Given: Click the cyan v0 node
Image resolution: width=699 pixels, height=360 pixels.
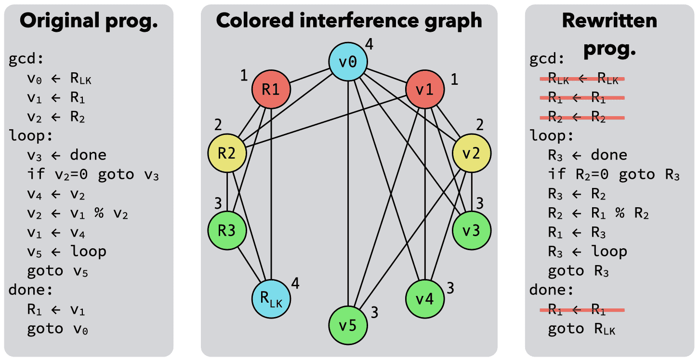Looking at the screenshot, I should coord(348,62).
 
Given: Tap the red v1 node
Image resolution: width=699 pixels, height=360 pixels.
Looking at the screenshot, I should coord(424,90).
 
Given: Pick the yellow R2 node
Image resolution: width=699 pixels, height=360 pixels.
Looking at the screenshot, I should coord(227,154).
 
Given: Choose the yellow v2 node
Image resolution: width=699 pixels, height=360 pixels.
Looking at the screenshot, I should coord(472,154).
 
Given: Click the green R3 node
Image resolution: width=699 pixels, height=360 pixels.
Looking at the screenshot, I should coord(227,230).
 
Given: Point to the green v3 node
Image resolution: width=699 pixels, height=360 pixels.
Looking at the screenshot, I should coord(472,230).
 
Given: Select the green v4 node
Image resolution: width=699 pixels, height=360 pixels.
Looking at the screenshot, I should coord(424,299).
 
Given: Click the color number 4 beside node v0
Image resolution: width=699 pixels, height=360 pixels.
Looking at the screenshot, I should coord(369,45).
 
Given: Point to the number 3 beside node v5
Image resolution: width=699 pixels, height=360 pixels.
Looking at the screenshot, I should coord(375,313).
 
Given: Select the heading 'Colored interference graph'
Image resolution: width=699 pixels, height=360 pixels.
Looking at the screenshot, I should coord(349,20).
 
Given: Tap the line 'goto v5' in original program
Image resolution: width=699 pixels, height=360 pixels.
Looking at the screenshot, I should coord(58,271).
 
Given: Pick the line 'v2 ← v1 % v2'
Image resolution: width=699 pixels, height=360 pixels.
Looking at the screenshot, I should coord(78,213).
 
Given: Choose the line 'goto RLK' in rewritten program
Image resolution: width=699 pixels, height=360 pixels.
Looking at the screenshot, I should coord(581,329).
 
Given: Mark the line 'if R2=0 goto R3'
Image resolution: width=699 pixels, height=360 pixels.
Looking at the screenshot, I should coord(614,174).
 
